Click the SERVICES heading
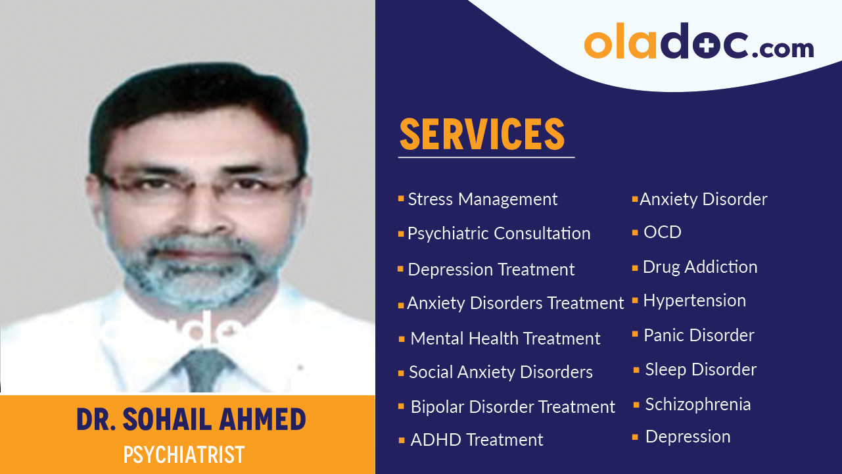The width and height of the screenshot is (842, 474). pyautogui.click(x=482, y=134)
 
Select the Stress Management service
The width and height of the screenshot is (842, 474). pyautogui.click(x=482, y=199)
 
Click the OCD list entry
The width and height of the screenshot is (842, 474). pyautogui.click(x=662, y=232)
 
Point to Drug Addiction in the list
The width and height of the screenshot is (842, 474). pyautogui.click(x=699, y=267)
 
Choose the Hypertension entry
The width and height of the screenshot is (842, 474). pyautogui.click(x=694, y=300)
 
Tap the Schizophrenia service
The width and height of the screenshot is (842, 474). pyautogui.click(x=697, y=404)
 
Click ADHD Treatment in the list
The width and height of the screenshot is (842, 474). pyautogui.click(x=477, y=440)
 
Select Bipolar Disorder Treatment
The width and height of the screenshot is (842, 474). pyautogui.click(x=513, y=407)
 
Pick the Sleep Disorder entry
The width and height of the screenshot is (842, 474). pyautogui.click(x=701, y=369)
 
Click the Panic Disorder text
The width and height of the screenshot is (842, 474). pyautogui.click(x=699, y=335)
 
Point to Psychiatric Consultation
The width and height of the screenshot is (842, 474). pyautogui.click(x=499, y=233)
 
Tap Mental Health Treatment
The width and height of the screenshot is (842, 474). pyautogui.click(x=505, y=339)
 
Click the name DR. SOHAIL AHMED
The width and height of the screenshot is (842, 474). pyautogui.click(x=191, y=419)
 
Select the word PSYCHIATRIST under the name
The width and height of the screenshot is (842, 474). pyautogui.click(x=184, y=454)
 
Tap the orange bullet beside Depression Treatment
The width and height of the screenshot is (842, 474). pyautogui.click(x=400, y=269)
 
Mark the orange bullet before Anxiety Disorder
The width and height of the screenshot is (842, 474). pyautogui.click(x=635, y=199)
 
